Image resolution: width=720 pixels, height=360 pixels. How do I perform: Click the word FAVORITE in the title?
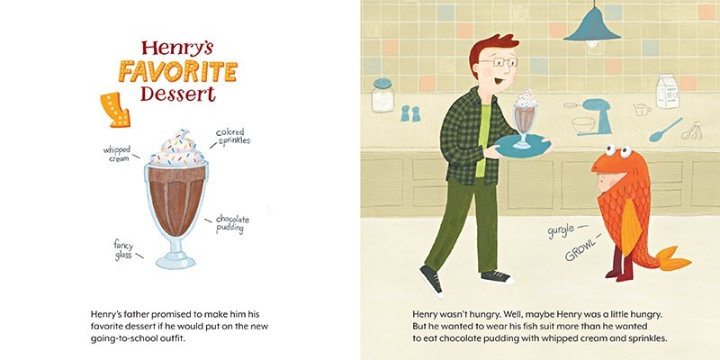tap(177, 71)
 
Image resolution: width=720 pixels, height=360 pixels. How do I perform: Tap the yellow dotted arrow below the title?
tap(115, 110)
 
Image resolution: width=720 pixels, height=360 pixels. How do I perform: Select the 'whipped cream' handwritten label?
tap(117, 154)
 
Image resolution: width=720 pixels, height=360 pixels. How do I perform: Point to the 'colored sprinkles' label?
tap(233, 137)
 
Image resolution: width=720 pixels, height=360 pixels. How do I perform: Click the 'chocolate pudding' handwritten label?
tap(233, 223)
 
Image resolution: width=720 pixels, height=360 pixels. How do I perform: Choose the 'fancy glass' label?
tap(123, 250)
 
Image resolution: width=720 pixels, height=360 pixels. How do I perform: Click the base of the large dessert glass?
tap(175, 260)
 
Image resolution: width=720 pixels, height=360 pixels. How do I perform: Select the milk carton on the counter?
tap(667, 92)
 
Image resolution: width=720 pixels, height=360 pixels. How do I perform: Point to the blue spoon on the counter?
tap(665, 130)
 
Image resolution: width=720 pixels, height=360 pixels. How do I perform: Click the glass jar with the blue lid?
tap(382, 95)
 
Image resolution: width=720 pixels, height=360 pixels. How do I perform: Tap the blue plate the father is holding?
tap(524, 147)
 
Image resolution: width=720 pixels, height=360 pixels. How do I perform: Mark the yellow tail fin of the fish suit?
tap(671, 259)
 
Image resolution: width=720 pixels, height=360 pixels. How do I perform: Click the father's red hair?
tap(490, 48)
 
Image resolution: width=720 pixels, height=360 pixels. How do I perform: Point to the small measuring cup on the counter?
tap(642, 109)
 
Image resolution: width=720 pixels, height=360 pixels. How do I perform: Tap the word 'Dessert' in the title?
tap(177, 94)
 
